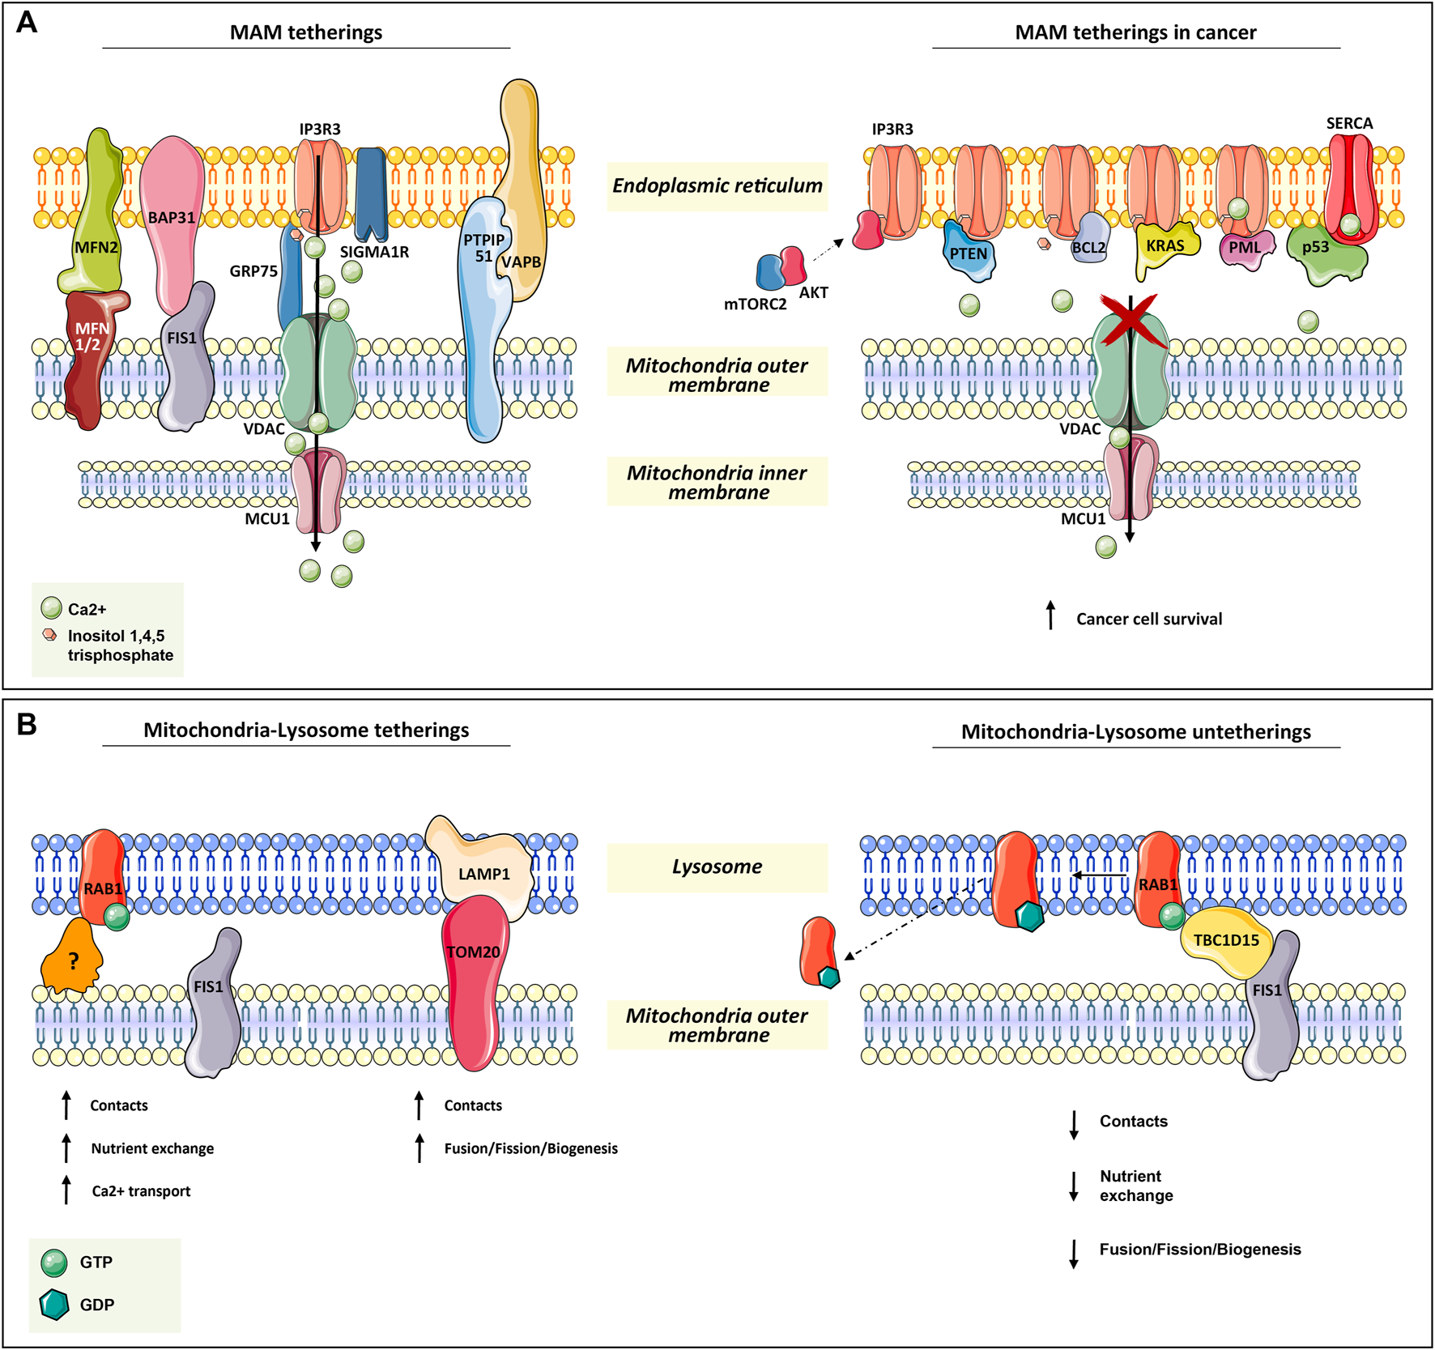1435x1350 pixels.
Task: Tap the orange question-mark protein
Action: click(x=71, y=959)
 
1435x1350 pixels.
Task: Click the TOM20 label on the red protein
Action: click(x=473, y=952)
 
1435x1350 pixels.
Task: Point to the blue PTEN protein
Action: click(x=969, y=253)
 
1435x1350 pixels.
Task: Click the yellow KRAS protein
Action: click(x=1165, y=246)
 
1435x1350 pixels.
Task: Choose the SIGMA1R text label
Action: click(x=373, y=252)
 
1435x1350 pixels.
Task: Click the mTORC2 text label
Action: click(x=755, y=304)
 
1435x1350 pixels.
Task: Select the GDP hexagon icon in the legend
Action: click(x=54, y=1304)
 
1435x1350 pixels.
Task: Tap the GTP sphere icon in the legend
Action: click(x=54, y=1262)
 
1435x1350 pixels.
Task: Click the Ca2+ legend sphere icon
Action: click(x=51, y=608)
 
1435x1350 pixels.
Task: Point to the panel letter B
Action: click(x=27, y=724)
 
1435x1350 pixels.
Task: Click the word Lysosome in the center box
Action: click(x=717, y=867)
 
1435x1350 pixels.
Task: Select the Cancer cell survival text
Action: click(x=1148, y=619)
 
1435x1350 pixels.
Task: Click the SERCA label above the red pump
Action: click(x=1349, y=123)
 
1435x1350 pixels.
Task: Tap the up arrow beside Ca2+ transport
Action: click(x=66, y=1190)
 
